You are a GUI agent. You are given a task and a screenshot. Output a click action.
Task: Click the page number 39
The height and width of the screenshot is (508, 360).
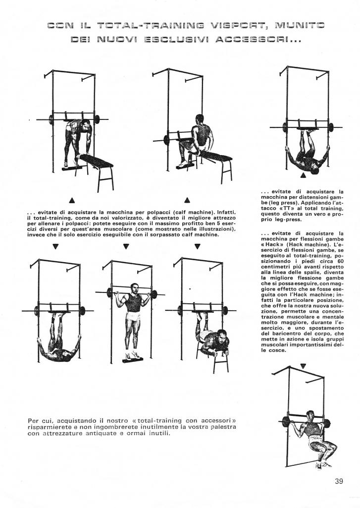click(339, 481)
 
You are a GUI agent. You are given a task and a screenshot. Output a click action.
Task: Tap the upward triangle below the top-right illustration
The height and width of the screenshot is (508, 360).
click(303, 175)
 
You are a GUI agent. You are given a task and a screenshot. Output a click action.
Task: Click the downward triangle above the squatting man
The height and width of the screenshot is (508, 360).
click(303, 366)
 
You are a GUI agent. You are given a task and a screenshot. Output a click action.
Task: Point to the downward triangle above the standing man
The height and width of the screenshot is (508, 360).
click(127, 246)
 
